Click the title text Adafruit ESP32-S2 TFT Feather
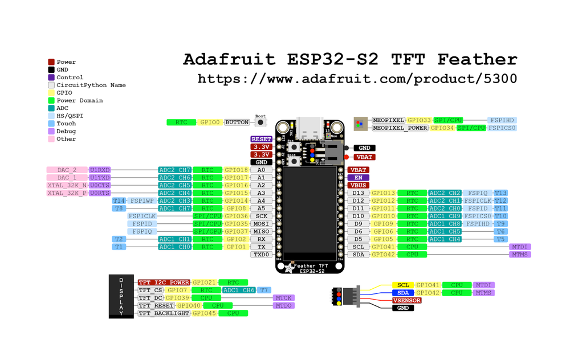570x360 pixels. (349, 59)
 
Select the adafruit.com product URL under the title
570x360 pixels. (357, 79)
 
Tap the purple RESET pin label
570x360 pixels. (261, 139)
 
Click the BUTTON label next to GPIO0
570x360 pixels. (237, 122)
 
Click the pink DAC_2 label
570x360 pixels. (67, 170)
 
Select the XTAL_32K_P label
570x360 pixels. (67, 193)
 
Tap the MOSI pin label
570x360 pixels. (261, 224)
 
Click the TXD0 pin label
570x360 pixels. (261, 255)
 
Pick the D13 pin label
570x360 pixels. (358, 193)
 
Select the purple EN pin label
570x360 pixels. (358, 178)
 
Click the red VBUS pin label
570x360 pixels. (358, 185)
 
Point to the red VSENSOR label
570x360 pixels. (407, 300)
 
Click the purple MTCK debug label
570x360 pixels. (283, 298)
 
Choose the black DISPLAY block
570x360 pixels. (121, 296)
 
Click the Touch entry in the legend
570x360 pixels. (66, 123)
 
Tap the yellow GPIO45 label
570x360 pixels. (203, 313)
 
